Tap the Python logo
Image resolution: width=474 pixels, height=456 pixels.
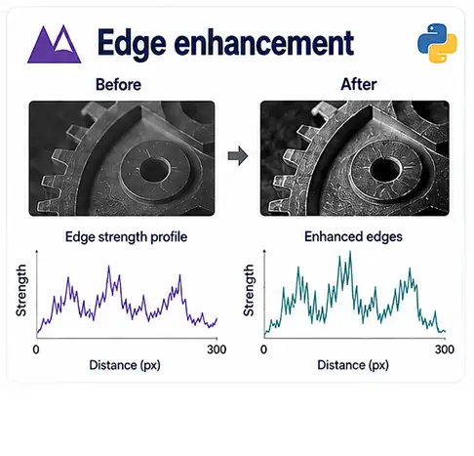click(x=437, y=43)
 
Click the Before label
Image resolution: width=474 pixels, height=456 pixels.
click(x=118, y=85)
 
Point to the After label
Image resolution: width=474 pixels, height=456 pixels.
click(x=359, y=85)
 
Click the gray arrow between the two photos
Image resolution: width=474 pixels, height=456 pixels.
click(x=238, y=156)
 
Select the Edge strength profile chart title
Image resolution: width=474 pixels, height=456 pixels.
click(x=126, y=236)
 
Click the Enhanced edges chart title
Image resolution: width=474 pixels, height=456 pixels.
click(x=353, y=236)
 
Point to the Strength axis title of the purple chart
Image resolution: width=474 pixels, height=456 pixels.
click(x=21, y=290)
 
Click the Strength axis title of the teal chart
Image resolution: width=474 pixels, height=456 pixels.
click(x=249, y=290)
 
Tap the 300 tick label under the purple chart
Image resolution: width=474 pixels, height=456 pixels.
click(x=217, y=350)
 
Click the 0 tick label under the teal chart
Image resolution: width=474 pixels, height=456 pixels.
click(x=263, y=350)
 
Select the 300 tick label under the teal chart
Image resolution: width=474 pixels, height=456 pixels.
click(x=445, y=350)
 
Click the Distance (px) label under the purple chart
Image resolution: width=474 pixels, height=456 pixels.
click(x=125, y=365)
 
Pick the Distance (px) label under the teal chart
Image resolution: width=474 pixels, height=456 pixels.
click(x=353, y=365)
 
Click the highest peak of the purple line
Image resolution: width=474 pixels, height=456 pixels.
click(x=108, y=267)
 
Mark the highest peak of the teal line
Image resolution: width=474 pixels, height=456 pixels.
click(x=350, y=251)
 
